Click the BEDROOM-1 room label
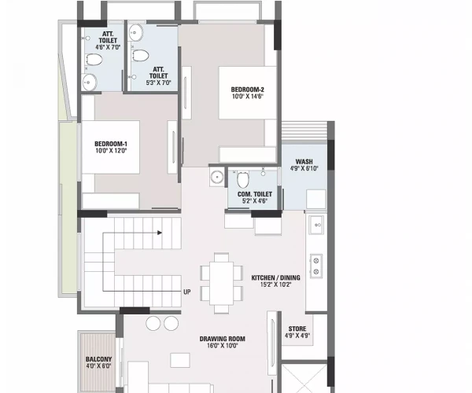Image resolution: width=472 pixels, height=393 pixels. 110,142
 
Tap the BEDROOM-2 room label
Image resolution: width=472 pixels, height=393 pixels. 247,90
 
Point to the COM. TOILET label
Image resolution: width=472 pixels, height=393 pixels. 255,194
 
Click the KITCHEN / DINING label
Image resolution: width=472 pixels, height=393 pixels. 271,278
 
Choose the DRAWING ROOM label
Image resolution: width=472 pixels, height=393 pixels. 223,339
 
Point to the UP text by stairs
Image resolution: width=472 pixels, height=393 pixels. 187,292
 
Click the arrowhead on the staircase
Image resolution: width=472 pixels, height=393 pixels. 160,233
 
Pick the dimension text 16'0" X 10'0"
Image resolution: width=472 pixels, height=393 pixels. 223,347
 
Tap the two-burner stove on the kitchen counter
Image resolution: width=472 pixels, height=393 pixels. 316,265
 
